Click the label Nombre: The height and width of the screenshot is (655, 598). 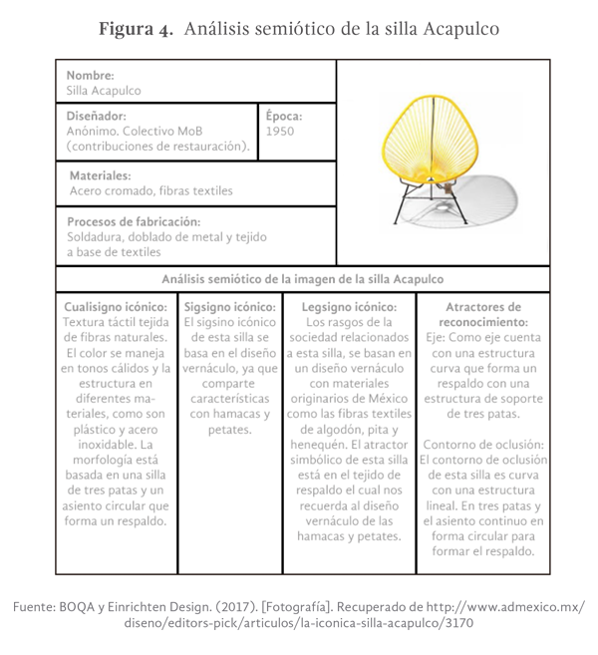(x=90, y=75)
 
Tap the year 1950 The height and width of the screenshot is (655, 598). (x=280, y=131)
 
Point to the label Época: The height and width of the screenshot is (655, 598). (x=284, y=115)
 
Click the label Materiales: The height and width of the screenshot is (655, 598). (x=100, y=175)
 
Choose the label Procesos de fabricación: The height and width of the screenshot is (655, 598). (x=134, y=221)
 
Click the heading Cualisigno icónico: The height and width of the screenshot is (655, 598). (x=116, y=307)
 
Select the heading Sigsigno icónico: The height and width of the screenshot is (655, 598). (x=229, y=307)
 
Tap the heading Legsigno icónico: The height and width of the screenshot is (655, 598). (x=348, y=307)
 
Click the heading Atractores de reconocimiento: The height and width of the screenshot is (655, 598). (x=483, y=315)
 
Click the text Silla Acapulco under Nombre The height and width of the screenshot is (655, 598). (x=104, y=91)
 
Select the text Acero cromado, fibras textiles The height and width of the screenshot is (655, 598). (x=150, y=191)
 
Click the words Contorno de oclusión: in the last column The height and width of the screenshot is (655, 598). (x=482, y=444)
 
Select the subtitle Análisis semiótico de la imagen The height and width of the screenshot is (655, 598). (x=302, y=279)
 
